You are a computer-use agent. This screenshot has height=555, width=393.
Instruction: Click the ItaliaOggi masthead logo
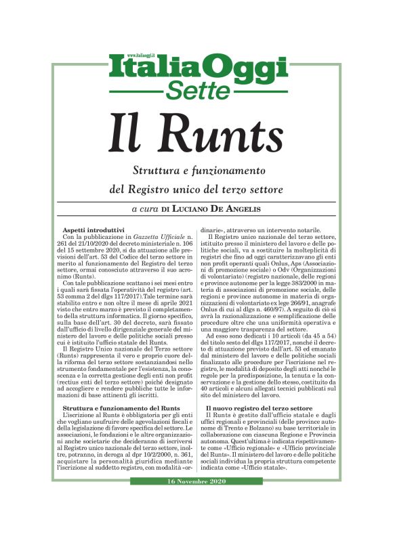pos(196,69)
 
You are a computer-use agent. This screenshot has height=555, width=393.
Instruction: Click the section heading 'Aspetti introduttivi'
pos(94,229)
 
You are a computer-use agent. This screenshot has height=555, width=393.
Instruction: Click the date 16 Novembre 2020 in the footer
pos(196,481)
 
